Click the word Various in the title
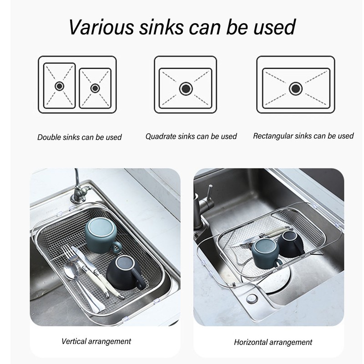pos(101,27)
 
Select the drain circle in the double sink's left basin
pos(59,86)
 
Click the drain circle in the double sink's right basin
pos(95,88)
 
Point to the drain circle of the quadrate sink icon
pos(185,88)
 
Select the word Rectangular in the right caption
pos(273,136)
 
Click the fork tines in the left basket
pos(69,251)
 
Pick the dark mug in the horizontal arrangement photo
pos(289,243)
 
